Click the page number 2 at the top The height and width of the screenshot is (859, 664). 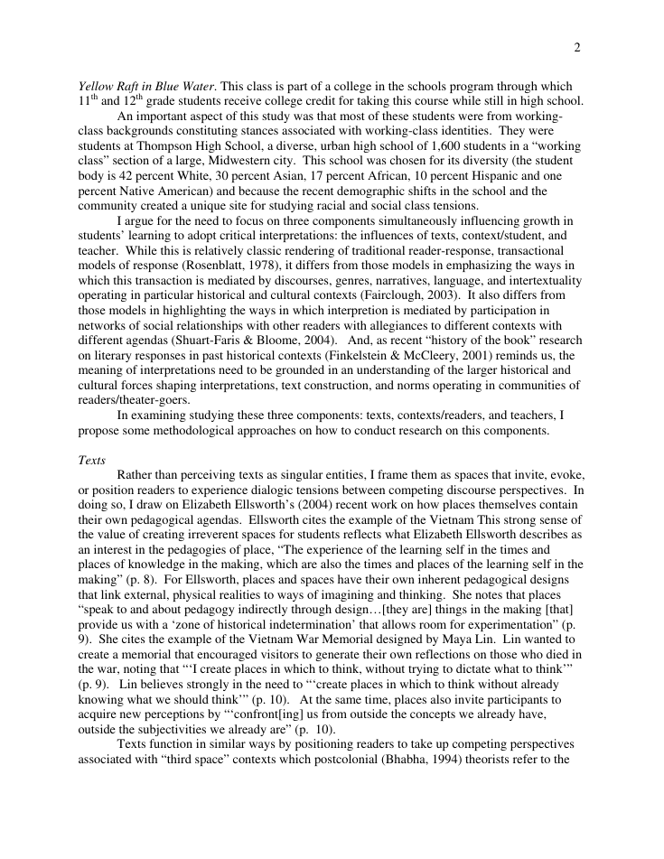[x=576, y=48]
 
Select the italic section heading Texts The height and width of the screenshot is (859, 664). [x=92, y=460]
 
